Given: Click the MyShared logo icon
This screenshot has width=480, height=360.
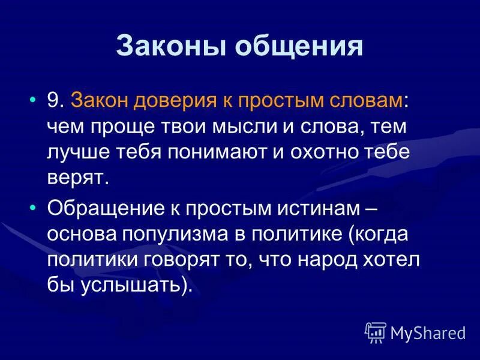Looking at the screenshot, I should (x=376, y=332).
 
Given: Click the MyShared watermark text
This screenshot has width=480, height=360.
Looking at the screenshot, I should (x=428, y=332).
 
